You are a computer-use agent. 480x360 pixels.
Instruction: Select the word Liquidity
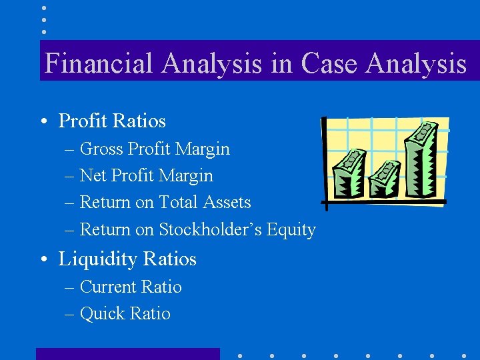97,259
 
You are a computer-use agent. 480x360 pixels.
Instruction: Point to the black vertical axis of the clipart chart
323,160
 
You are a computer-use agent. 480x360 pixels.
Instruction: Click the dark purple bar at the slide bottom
127,353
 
